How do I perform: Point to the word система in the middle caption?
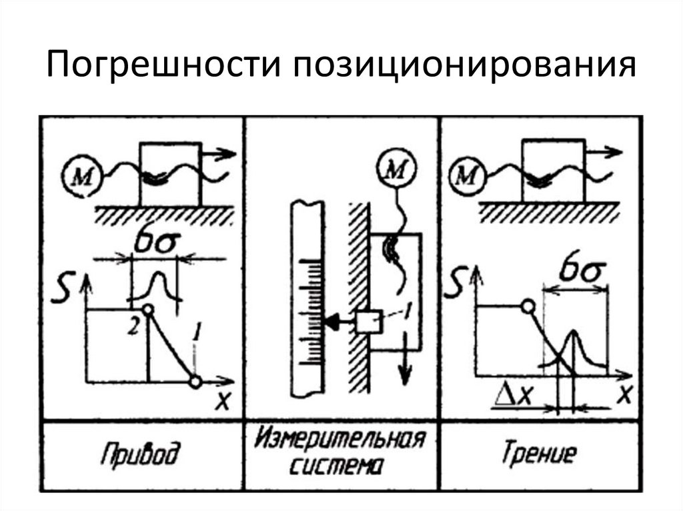[341, 466]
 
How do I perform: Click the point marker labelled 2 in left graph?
[148, 309]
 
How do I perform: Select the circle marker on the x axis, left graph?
[195, 382]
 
